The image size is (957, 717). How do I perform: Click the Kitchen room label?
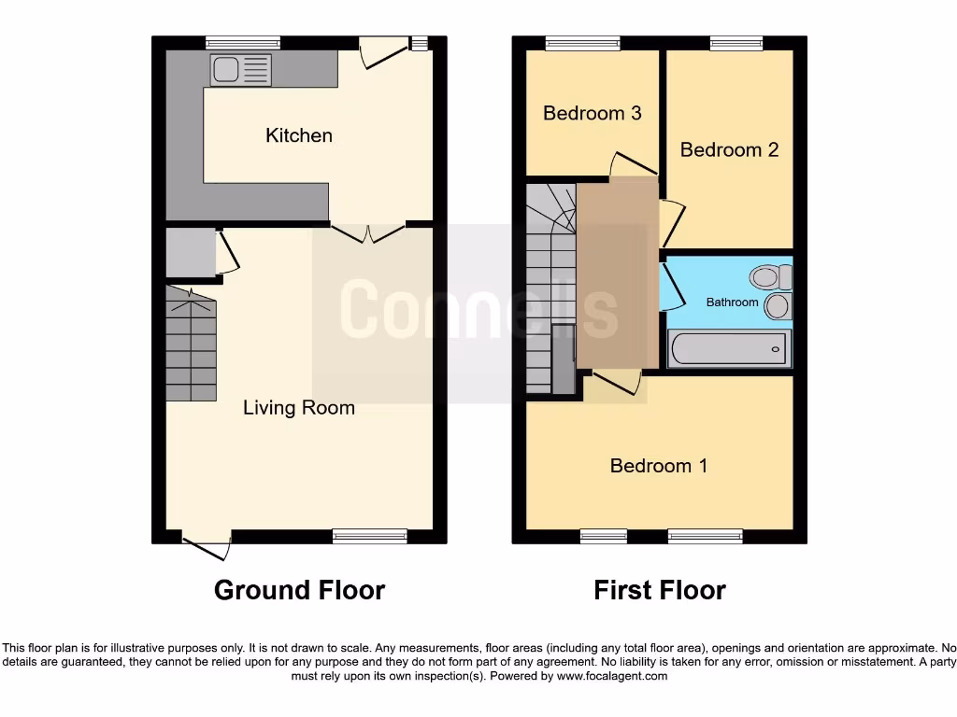point(298,135)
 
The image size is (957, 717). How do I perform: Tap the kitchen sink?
point(240,70)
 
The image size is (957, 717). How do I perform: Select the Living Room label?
point(299,407)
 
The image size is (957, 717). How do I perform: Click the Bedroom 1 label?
point(658,465)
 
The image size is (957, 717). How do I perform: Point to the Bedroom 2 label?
point(729,149)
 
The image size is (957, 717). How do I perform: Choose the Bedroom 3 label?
point(592,113)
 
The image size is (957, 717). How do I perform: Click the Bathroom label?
point(732,302)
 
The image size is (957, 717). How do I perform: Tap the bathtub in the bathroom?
point(730,349)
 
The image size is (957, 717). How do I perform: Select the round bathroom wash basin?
point(778,305)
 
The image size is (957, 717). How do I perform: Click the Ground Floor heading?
point(299,590)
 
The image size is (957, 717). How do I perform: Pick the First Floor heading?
point(660,590)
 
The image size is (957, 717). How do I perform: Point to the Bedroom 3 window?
point(582,42)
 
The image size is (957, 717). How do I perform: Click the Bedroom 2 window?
point(736,42)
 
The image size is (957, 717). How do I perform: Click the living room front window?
point(370,536)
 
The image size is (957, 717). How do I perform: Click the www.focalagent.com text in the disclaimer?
point(611,676)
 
